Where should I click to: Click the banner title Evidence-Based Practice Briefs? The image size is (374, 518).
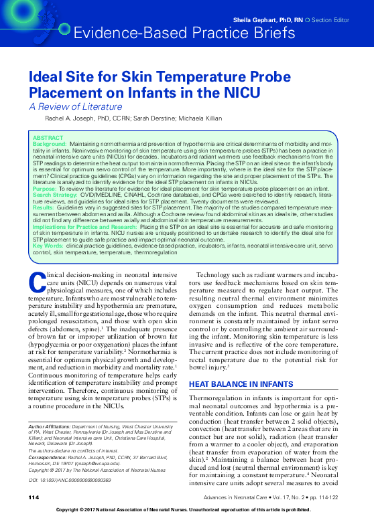[x=184, y=33]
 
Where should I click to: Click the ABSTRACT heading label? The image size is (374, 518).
[x=48, y=138]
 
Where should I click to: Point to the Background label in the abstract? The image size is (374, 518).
[x=50, y=144]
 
